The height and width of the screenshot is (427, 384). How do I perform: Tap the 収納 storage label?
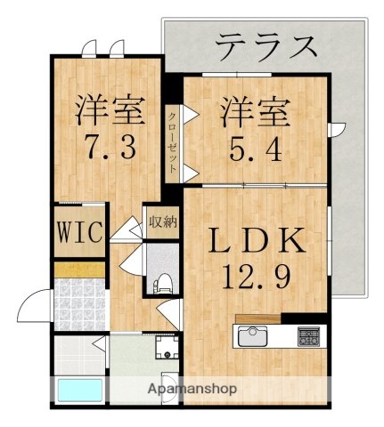click(160, 222)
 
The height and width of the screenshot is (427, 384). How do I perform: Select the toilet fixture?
click(162, 284)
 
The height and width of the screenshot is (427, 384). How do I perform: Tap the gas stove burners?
click(308, 337)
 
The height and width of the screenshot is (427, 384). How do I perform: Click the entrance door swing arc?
click(32, 307)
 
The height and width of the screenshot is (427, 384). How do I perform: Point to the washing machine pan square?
click(166, 346)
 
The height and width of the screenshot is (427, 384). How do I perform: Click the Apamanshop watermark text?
click(192, 389)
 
